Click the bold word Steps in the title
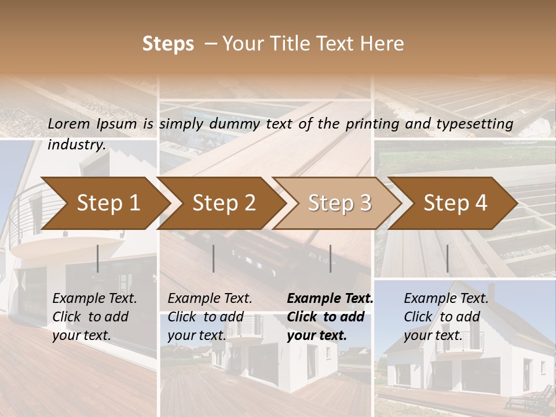[x=168, y=44]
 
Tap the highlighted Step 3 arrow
[x=339, y=203]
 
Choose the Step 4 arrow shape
[x=455, y=203]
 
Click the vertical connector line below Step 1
[x=98, y=258]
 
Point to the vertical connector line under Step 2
[x=214, y=258]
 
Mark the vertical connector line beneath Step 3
[x=330, y=258]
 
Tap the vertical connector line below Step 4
[x=447, y=258]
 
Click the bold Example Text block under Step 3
[x=330, y=317]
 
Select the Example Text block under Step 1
[x=94, y=317]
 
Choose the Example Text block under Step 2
[x=210, y=317]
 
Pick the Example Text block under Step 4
[x=446, y=317]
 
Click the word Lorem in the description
[x=68, y=123]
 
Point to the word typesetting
[x=479, y=123]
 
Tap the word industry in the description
[x=76, y=144]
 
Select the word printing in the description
[x=374, y=123]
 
